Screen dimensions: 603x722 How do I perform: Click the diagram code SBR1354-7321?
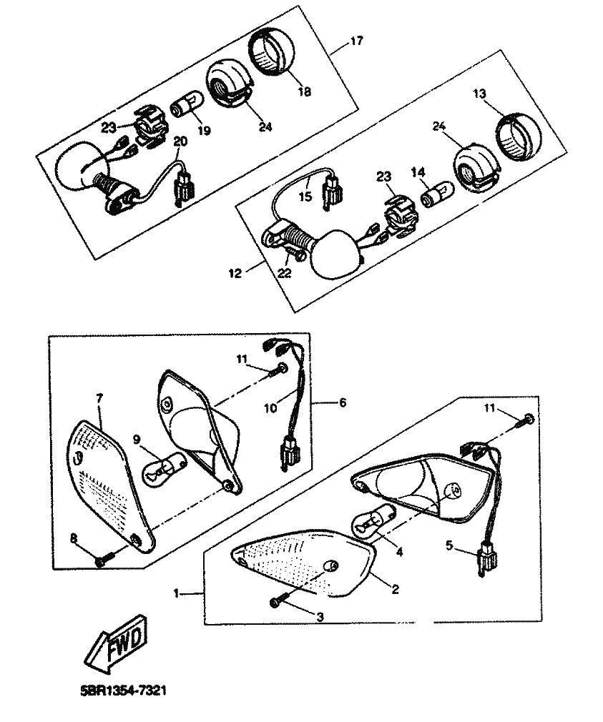coord(123,691)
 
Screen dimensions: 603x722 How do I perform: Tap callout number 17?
coord(356,41)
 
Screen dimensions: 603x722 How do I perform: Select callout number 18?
coord(305,92)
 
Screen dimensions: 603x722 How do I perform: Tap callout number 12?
coord(235,273)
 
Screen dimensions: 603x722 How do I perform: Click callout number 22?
coord(285,273)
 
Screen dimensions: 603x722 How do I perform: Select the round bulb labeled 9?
coord(163,467)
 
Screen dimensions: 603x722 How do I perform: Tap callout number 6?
coord(343,402)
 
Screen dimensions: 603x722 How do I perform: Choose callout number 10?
coord(270,408)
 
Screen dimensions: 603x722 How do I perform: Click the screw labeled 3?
coord(278,602)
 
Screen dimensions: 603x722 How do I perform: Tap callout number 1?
coord(176,593)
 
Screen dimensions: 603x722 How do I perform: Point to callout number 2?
coord(395,589)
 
